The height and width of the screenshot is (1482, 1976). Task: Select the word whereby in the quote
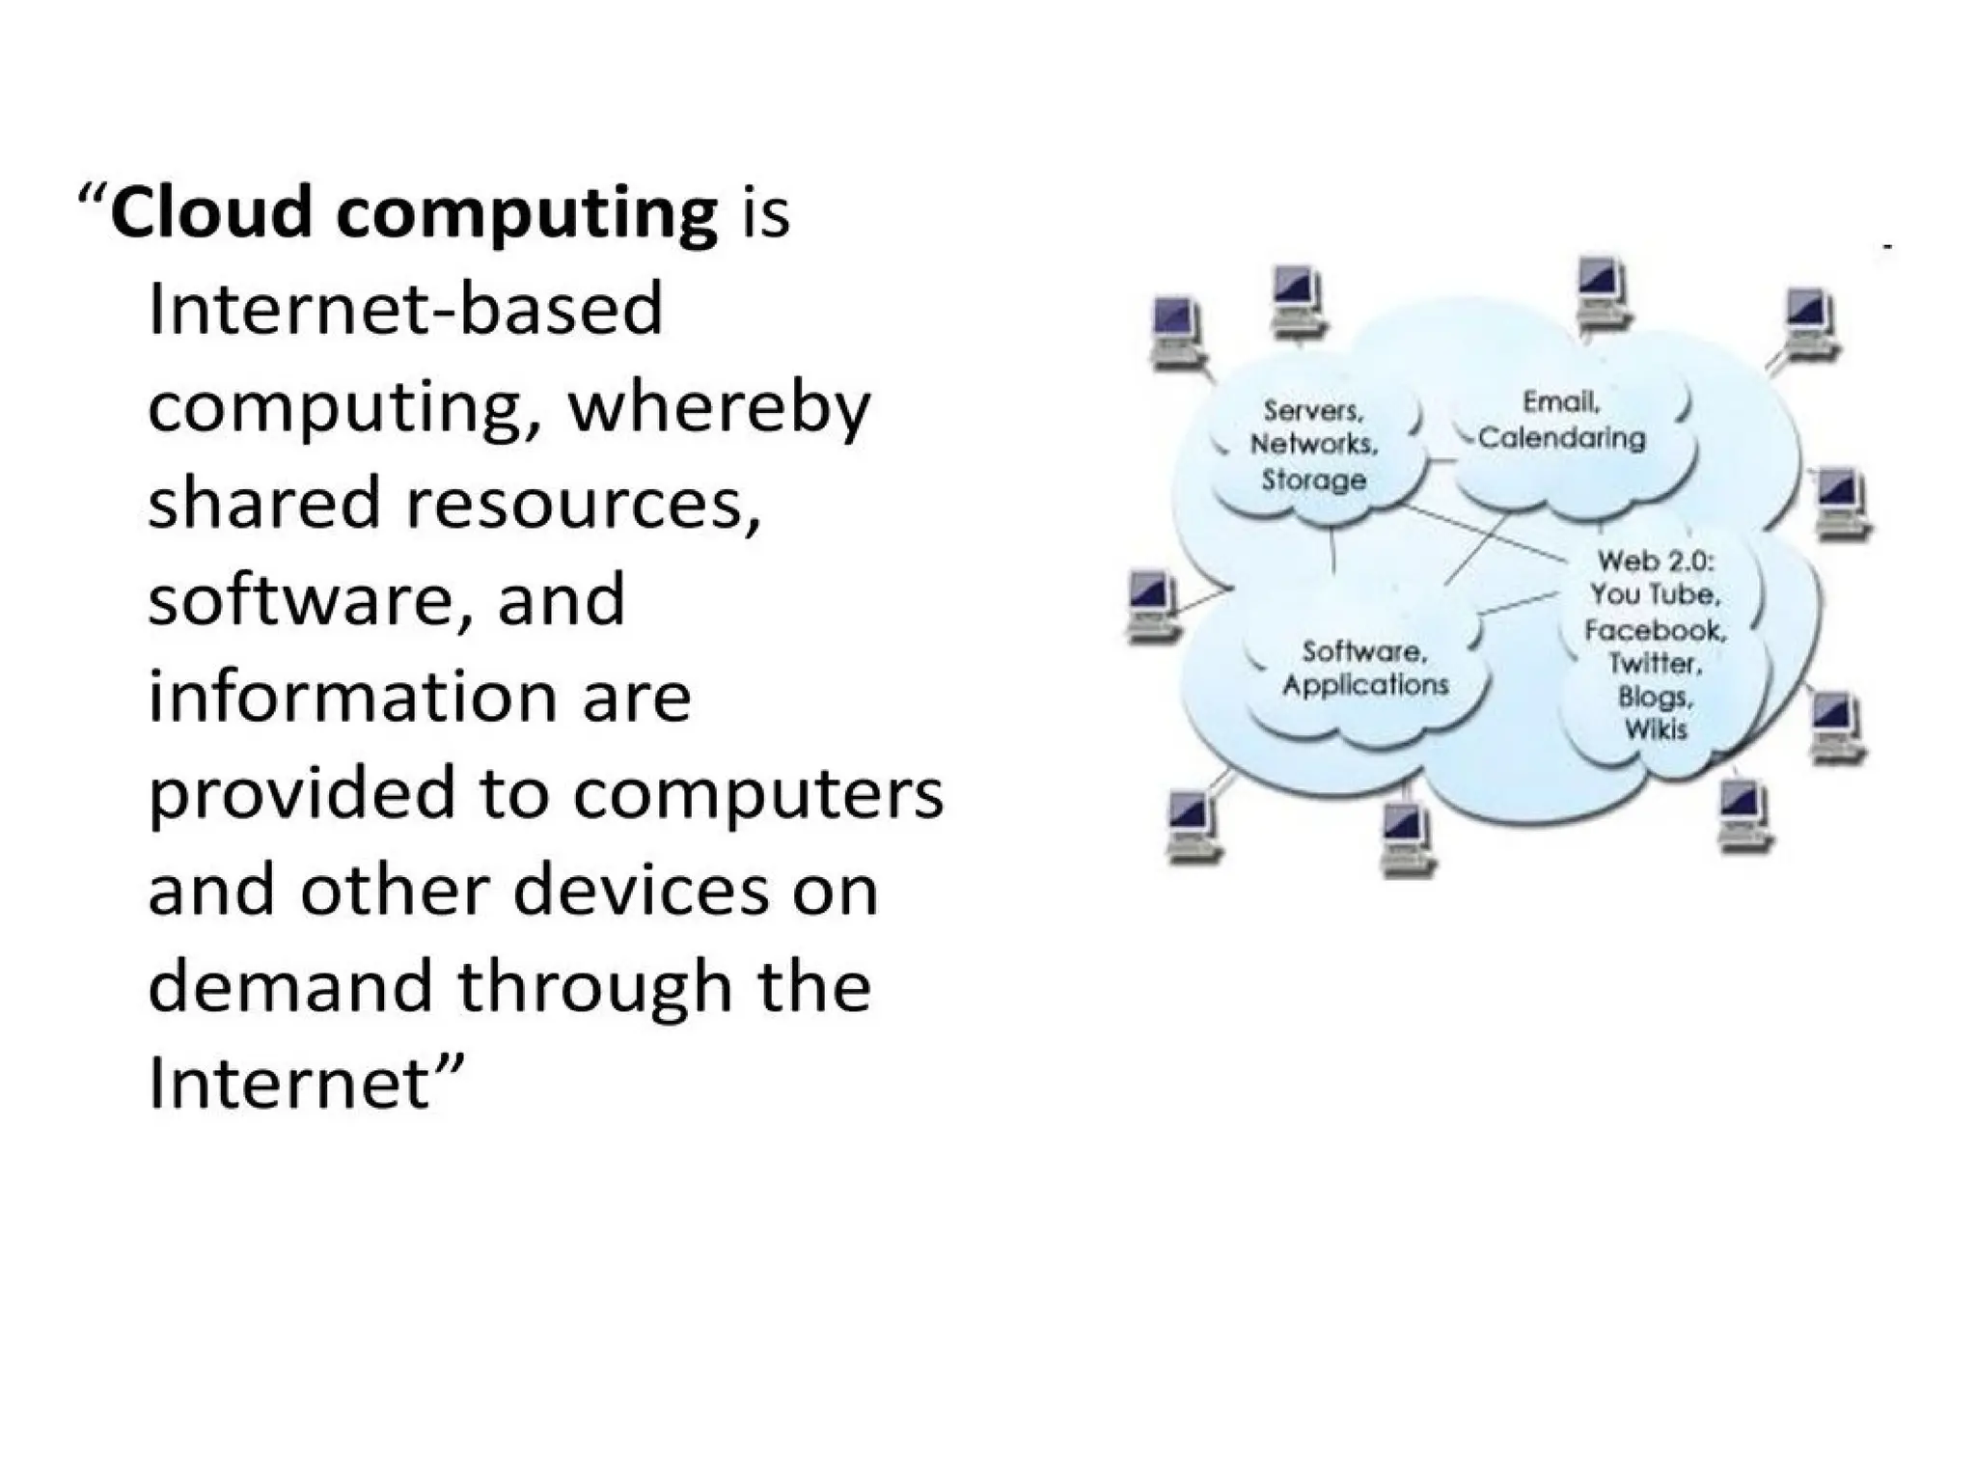pos(720,408)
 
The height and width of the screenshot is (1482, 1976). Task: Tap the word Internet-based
pos(405,310)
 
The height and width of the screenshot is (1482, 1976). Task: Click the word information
pos(350,697)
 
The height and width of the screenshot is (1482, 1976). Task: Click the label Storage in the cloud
pos(1314,480)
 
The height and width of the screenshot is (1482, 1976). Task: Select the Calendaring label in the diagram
pos(1562,439)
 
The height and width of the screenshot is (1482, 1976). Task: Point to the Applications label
pos(1365,685)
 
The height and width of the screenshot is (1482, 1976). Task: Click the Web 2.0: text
pos(1656,561)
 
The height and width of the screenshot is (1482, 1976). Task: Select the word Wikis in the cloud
pos(1656,729)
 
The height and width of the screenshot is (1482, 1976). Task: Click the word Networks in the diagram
pos(1314,445)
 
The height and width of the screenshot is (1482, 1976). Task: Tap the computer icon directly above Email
pos(1601,290)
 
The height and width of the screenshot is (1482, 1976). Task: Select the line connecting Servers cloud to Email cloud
pos(1440,460)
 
